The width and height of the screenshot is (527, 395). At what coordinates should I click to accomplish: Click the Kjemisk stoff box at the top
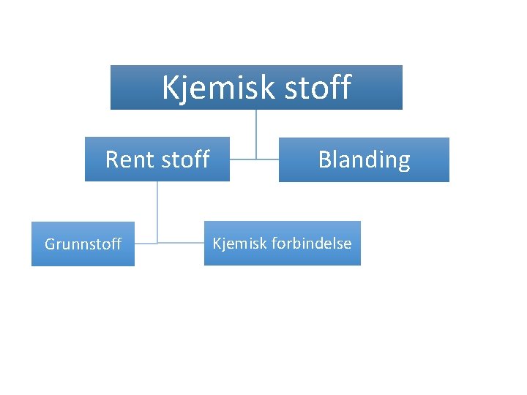click(x=256, y=87)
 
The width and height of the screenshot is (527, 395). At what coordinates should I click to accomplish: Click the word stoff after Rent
click(x=184, y=159)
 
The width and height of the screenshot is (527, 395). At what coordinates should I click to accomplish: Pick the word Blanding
click(x=364, y=159)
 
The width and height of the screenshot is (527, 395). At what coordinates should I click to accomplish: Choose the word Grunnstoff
click(x=83, y=244)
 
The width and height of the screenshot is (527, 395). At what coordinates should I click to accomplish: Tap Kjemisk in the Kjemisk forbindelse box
click(x=239, y=243)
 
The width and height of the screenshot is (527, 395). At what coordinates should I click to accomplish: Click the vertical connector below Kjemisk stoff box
click(x=256, y=132)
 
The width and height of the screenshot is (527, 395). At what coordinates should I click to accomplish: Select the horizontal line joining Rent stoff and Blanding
click(x=254, y=158)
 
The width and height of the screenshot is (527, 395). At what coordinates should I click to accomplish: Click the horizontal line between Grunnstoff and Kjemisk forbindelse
click(x=181, y=242)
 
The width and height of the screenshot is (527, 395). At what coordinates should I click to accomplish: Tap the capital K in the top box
click(x=169, y=88)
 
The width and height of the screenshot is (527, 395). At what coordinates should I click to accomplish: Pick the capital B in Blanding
click(x=324, y=159)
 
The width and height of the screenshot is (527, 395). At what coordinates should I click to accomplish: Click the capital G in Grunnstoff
click(x=51, y=244)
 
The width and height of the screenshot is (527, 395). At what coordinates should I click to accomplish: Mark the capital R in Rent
click(x=113, y=159)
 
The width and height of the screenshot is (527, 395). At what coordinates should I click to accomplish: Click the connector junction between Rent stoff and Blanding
click(x=256, y=158)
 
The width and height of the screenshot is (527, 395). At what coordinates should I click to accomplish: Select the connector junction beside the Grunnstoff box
click(x=157, y=242)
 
